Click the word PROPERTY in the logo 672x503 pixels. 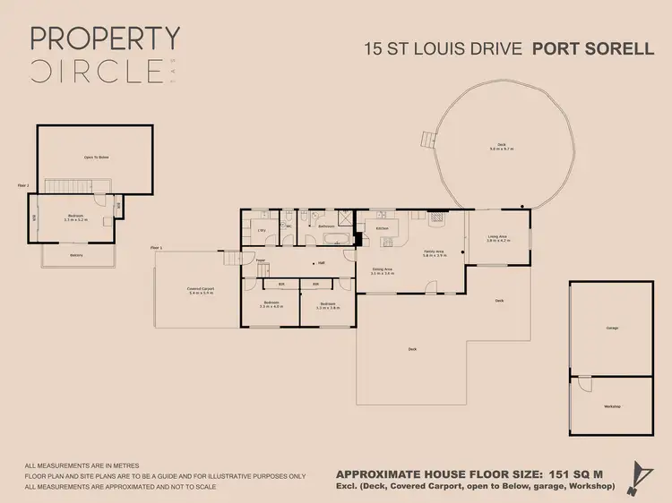105,38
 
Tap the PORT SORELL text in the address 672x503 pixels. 593,48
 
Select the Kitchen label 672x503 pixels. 382,228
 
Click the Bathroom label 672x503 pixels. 326,226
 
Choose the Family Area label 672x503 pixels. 434,252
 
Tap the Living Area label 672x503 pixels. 497,235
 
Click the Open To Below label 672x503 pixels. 96,157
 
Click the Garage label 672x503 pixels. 612,328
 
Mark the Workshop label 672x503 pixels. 612,407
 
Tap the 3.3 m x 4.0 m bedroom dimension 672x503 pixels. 271,306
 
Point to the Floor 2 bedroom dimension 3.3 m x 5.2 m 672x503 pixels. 76,219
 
